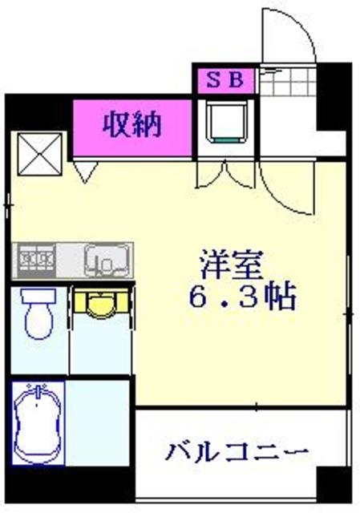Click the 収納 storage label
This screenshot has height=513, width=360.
[x=131, y=124]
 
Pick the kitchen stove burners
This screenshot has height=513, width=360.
[x=37, y=259]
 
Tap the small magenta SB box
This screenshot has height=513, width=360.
[x=224, y=79]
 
